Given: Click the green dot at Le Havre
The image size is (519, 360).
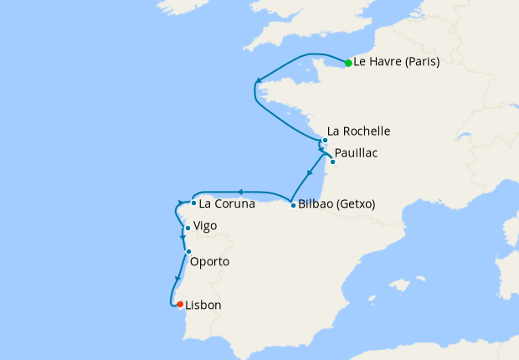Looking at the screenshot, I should click(348, 63).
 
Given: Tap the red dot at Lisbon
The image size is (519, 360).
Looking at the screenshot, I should click(180, 305).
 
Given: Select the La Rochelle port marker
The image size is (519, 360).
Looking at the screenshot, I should click(325, 141).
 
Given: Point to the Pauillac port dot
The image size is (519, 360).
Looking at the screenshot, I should click(332, 162).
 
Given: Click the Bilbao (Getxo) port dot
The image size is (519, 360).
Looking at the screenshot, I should click(292, 205).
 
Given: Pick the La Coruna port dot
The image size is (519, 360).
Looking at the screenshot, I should click(193, 203).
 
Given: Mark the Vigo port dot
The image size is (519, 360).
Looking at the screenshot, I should click(187, 228).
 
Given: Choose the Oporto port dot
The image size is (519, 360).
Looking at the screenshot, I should click(188, 252).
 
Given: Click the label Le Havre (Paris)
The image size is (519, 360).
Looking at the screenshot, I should click(397, 62).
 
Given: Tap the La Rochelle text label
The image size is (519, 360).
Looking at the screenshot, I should click(358, 131).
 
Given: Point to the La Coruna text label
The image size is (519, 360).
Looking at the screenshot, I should click(227, 203).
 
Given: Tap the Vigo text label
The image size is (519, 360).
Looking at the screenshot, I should click(205, 226).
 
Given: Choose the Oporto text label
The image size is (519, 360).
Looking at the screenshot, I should click(209, 262).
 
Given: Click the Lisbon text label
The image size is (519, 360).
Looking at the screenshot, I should click(203, 306).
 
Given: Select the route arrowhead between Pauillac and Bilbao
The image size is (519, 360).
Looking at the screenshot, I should click(311, 172).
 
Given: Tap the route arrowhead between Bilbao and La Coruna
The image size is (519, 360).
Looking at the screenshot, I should click(240, 193).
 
